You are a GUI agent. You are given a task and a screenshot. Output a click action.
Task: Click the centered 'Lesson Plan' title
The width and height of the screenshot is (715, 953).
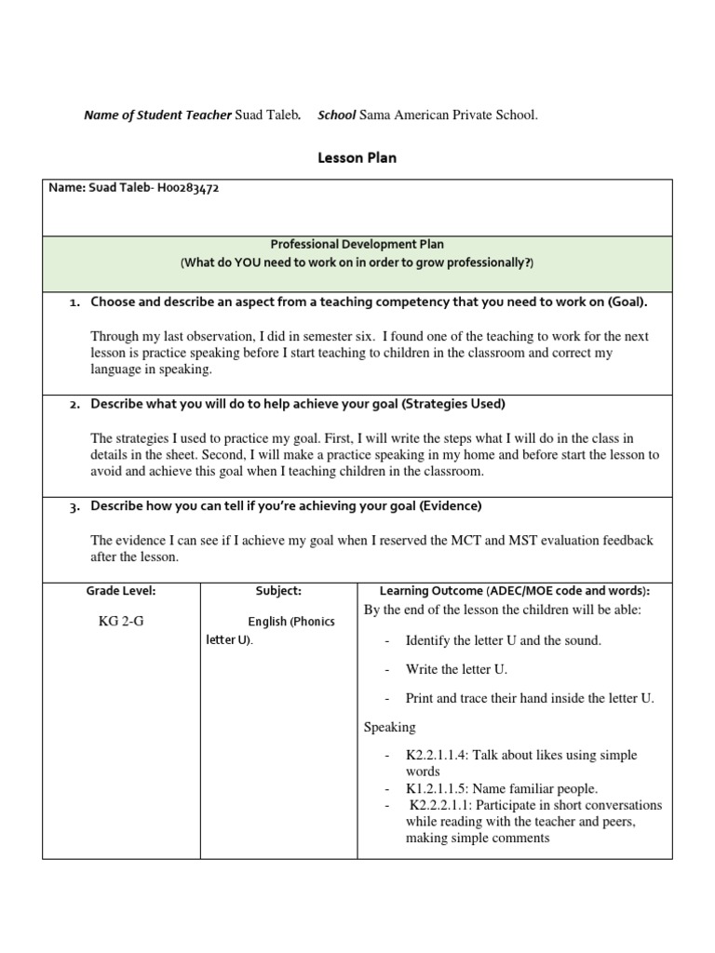(357, 158)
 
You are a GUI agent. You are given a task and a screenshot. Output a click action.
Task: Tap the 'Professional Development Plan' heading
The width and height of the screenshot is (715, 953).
(357, 244)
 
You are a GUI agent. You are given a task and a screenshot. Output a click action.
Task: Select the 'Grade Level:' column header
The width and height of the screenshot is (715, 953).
(121, 591)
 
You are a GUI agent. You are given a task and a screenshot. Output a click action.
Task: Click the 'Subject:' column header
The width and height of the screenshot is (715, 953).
(278, 591)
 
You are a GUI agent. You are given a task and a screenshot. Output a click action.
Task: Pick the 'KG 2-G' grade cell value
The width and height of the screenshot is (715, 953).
(121, 622)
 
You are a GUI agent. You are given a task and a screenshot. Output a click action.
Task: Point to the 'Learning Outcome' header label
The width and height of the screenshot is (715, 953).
(431, 591)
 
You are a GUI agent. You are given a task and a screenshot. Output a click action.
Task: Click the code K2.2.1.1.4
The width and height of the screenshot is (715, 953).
(443, 756)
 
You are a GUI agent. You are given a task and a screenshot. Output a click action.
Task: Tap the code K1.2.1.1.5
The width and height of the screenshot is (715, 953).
(443, 788)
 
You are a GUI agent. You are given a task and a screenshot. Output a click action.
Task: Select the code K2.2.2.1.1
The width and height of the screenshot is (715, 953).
(445, 805)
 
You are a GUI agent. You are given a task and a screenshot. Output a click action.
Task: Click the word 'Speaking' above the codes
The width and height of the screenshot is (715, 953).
(390, 727)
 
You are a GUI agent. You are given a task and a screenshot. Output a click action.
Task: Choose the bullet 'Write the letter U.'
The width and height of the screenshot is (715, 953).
(456, 669)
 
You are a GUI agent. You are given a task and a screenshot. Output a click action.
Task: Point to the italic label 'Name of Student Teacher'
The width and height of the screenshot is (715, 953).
(157, 115)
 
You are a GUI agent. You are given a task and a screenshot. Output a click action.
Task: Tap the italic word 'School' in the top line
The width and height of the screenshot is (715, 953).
(337, 115)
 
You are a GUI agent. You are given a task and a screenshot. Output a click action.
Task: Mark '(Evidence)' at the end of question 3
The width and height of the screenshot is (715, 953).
(450, 506)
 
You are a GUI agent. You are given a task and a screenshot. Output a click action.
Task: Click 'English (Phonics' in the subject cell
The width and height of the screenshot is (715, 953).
(290, 622)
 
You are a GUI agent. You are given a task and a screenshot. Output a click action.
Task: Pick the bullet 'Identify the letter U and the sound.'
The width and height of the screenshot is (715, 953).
(503, 640)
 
